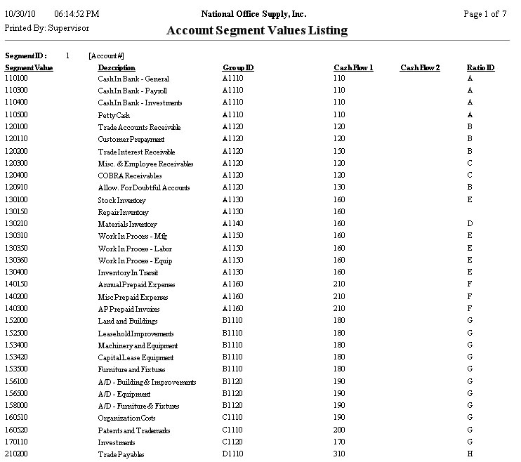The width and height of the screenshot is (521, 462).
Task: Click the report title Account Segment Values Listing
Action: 256,30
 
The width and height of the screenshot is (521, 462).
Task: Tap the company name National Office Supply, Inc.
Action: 253,14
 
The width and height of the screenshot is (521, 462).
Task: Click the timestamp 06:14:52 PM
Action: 76,14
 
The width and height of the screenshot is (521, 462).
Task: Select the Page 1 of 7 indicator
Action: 485,14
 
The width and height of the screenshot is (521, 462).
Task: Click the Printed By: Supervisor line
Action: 47,28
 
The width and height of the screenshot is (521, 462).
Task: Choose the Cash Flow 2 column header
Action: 420,67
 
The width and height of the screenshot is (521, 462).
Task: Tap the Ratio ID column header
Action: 480,67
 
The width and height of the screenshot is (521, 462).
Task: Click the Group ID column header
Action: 238,67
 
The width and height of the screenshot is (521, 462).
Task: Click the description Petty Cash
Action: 114,115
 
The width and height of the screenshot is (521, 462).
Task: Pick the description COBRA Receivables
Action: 130,176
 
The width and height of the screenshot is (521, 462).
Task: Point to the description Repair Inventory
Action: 123,212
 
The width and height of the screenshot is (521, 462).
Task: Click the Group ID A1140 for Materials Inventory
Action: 232,224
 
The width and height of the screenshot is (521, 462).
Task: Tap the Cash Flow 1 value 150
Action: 340,152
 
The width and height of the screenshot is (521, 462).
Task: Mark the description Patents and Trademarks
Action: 133,430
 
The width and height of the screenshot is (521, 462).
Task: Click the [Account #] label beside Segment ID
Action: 107,55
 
